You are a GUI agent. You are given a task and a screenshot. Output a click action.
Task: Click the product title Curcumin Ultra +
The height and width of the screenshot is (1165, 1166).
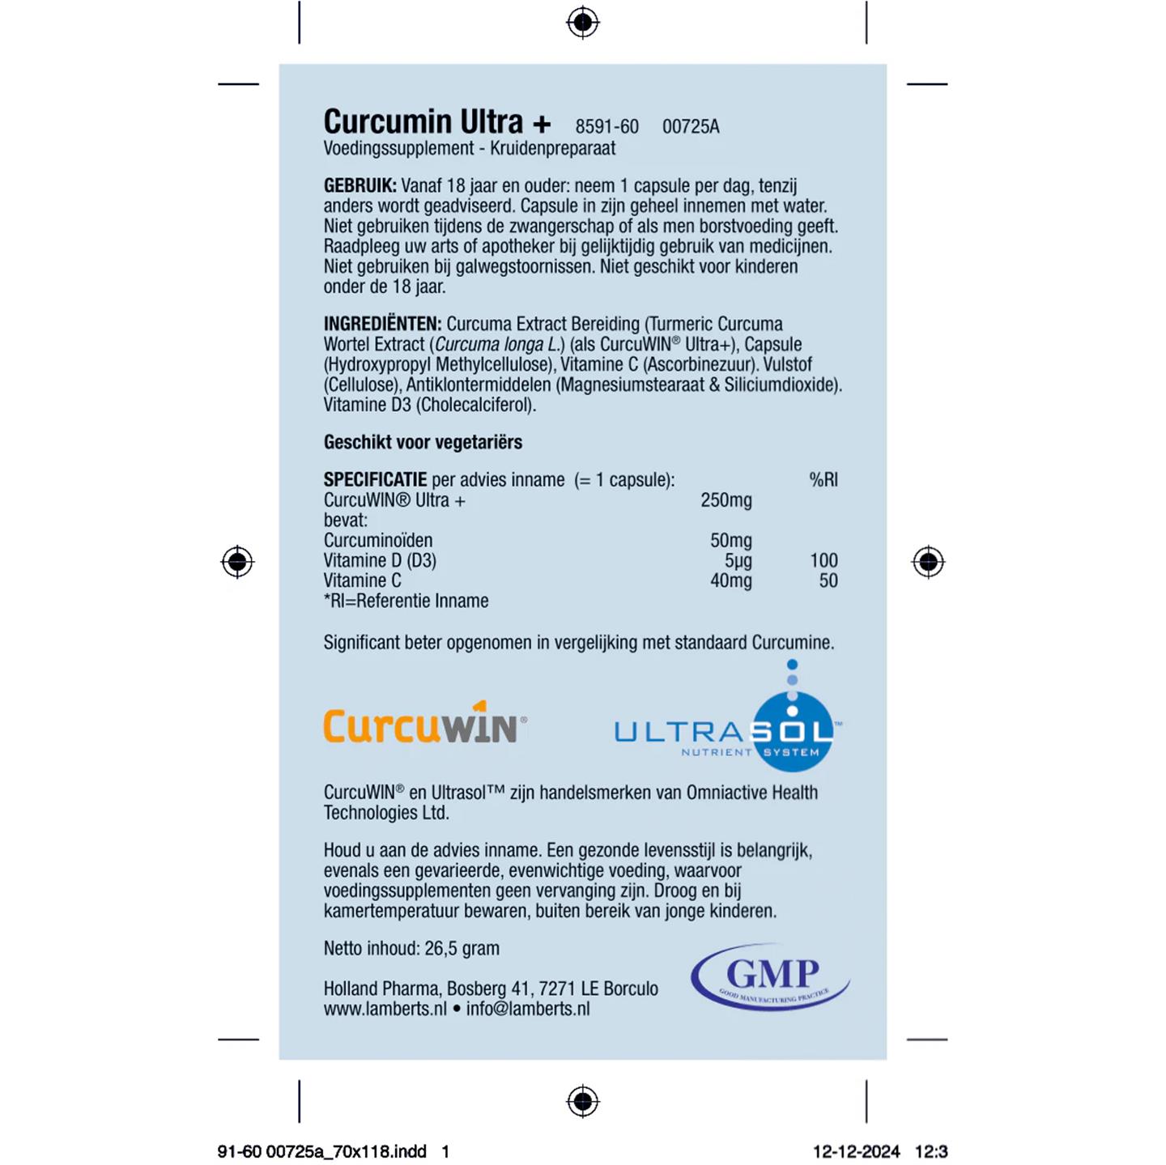[436, 122]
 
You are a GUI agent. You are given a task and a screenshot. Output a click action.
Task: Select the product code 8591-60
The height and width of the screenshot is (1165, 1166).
[606, 127]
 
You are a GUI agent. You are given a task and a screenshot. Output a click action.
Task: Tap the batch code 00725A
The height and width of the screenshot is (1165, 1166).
[691, 127]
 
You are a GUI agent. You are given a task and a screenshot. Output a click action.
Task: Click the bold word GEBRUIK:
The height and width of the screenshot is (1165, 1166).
[360, 186]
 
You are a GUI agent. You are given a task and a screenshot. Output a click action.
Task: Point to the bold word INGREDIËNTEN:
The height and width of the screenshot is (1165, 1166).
[382, 325]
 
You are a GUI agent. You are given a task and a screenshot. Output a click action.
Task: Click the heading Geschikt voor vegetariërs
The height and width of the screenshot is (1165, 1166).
[423, 442]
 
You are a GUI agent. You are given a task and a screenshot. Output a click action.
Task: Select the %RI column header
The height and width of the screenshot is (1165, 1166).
[823, 479]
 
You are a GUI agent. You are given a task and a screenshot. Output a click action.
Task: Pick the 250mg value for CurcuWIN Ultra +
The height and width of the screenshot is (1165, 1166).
[726, 500]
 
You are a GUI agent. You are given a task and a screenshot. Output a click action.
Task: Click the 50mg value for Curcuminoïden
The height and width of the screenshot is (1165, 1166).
[730, 541]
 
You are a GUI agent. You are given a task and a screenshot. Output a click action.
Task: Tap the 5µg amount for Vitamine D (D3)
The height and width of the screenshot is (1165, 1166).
[738, 561]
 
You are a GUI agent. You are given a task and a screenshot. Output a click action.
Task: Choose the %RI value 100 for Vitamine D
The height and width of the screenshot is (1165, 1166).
[823, 561]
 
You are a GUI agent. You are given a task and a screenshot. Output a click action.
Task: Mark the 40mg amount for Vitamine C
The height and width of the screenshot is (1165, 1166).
[730, 581]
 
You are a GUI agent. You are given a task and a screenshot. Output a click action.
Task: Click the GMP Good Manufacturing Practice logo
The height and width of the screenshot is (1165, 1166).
[770, 978]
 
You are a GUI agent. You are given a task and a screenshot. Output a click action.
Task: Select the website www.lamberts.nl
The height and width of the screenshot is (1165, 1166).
[385, 1009]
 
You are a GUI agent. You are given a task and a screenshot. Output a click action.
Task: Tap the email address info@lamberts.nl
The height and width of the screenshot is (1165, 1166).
[528, 1009]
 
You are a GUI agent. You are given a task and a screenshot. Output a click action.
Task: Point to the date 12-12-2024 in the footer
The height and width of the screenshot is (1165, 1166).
[856, 1151]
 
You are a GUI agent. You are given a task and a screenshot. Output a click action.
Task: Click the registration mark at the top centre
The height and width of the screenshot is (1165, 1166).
[582, 23]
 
